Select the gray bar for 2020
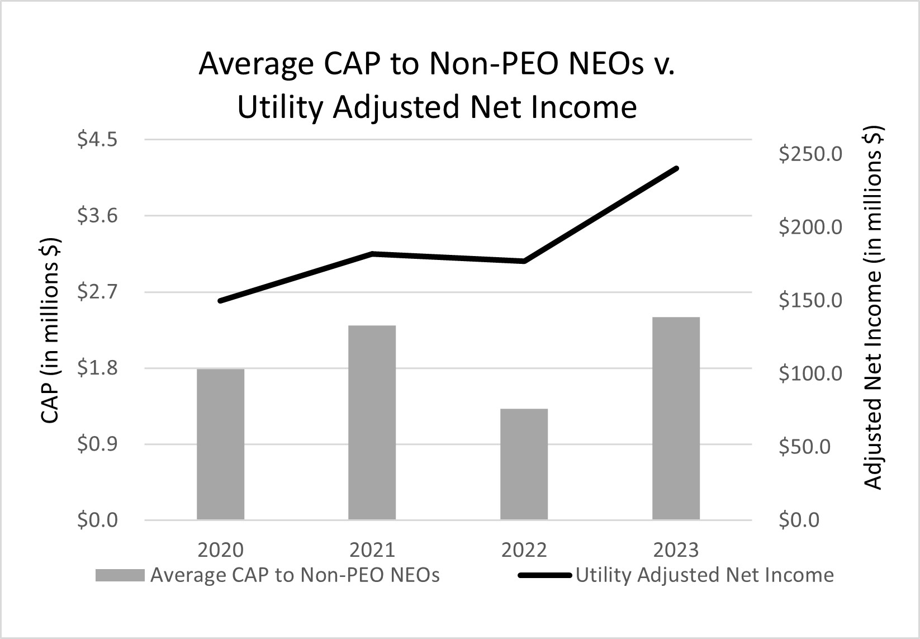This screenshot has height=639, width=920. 220,444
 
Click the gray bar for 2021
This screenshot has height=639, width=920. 372,423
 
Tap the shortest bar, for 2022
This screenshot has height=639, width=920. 524,464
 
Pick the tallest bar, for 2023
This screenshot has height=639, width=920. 676,418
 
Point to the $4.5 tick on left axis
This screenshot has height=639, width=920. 97,139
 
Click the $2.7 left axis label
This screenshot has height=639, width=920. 97,292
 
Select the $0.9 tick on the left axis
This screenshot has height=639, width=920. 97,444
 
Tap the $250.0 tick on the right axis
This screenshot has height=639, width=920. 810,154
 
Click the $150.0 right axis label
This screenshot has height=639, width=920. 810,300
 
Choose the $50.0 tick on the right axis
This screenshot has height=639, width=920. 805,447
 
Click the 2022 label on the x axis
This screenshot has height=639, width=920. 524,550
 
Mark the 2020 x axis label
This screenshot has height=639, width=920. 220,550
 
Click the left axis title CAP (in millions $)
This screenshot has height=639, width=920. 50,330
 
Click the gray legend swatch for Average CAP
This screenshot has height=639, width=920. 120,575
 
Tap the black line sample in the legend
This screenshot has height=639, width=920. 544,575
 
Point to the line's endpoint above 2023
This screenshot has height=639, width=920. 676,168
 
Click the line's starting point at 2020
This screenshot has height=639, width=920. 220,301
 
